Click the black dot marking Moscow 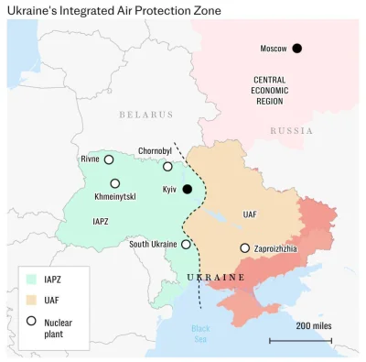click(x=296, y=49)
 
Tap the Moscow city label click(x=274, y=49)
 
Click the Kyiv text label click(x=168, y=189)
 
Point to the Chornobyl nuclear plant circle click(x=167, y=166)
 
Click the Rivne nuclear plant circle click(x=109, y=159)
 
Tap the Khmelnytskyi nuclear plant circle click(x=115, y=183)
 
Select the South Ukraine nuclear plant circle click(x=186, y=245)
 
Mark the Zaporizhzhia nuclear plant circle click(x=244, y=247)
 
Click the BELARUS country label click(x=145, y=115)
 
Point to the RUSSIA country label click(x=291, y=131)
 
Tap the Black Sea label click(x=200, y=333)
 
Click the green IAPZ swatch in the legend click(x=31, y=279)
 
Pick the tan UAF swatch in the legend click(x=31, y=300)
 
